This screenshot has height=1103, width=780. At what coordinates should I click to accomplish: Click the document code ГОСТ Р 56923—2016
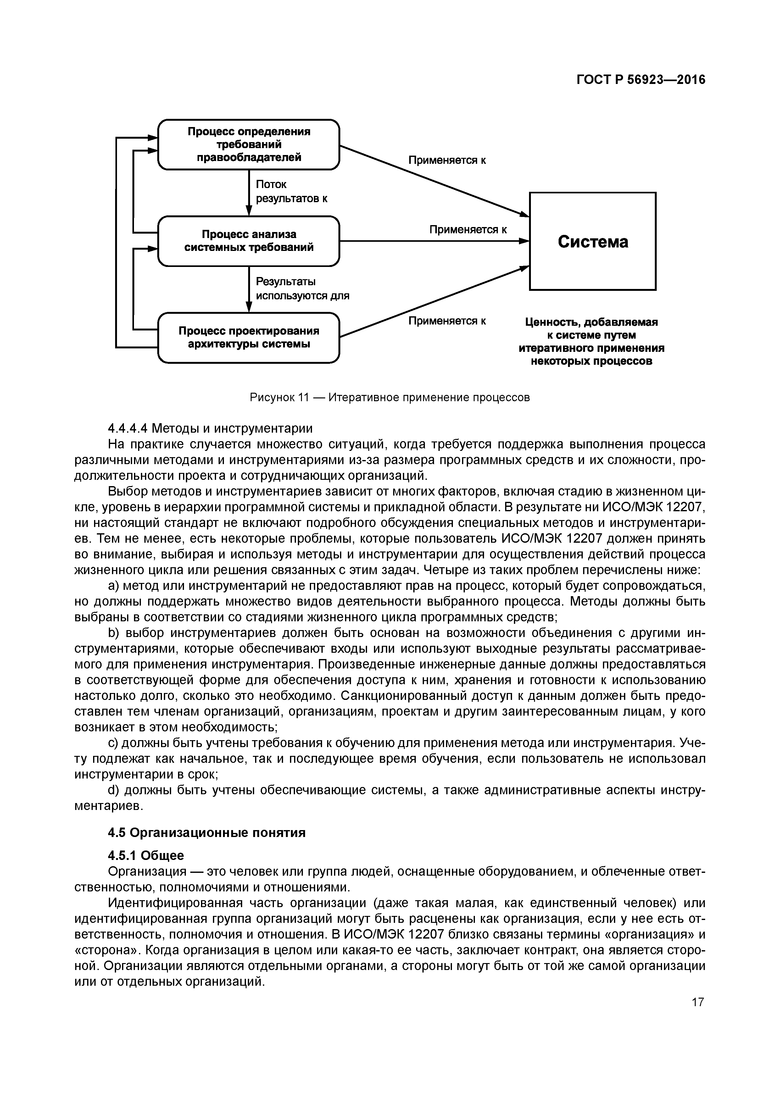pyautogui.click(x=641, y=80)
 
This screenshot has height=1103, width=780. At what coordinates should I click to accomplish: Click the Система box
pyautogui.click(x=592, y=241)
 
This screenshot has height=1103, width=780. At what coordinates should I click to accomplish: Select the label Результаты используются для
pyautogui.click(x=302, y=288)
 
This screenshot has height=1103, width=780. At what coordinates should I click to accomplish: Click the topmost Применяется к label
pyautogui.click(x=447, y=160)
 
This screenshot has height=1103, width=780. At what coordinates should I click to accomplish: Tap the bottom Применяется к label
pyautogui.click(x=447, y=321)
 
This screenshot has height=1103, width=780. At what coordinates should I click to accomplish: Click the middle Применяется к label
pyautogui.click(x=468, y=230)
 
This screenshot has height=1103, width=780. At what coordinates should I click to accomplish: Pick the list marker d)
pyautogui.click(x=114, y=790)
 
